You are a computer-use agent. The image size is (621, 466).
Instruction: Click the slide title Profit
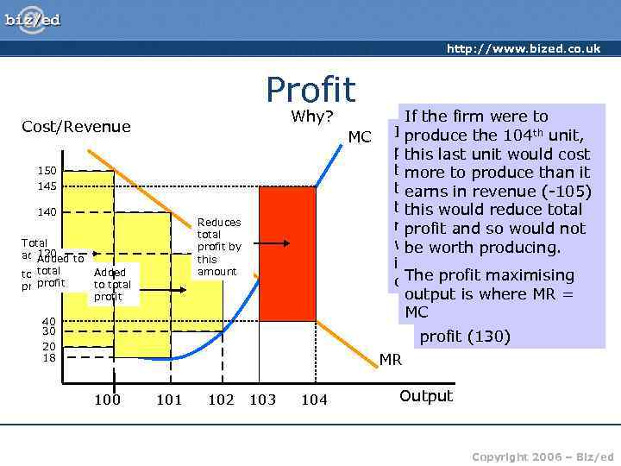(310, 90)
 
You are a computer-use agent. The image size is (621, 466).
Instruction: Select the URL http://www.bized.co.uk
(523, 48)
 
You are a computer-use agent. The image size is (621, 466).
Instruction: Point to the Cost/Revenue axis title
(76, 127)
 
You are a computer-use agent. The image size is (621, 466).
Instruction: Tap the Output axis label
(425, 396)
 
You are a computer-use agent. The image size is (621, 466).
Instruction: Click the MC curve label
(359, 137)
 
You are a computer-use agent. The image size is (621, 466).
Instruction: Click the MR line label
(391, 359)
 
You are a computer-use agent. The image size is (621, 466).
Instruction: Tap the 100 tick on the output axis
(107, 400)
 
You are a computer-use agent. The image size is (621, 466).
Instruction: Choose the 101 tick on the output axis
(169, 400)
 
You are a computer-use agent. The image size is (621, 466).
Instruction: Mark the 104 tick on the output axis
(314, 400)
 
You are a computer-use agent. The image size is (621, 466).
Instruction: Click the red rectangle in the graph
(287, 255)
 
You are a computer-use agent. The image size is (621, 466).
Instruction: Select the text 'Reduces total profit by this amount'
(219, 247)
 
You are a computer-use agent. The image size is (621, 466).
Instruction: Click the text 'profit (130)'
(465, 336)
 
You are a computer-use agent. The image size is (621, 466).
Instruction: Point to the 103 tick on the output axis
(262, 400)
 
